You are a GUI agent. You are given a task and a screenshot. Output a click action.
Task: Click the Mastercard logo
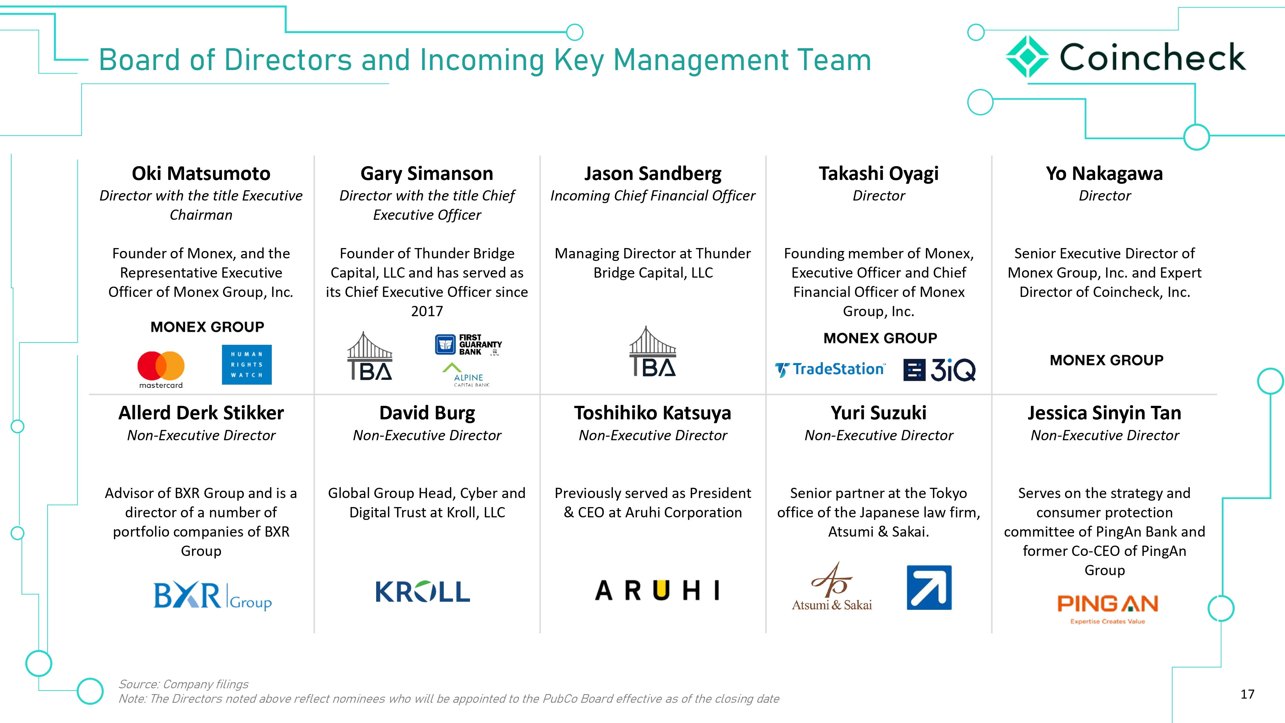pos(161,369)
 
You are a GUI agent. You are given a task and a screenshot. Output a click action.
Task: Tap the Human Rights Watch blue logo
pos(246,364)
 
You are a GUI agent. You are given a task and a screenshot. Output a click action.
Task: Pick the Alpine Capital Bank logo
pos(466,375)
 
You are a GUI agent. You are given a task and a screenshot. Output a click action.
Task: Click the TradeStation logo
pos(830,369)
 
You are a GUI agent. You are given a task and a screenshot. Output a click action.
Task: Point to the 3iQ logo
pos(939,370)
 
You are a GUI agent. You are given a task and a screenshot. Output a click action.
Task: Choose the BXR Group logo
pos(212,596)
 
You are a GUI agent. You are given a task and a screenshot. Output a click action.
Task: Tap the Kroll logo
pos(422,592)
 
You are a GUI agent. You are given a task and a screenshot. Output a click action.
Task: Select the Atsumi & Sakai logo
pos(832,587)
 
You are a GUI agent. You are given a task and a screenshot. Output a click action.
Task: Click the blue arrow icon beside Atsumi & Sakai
pos(929,587)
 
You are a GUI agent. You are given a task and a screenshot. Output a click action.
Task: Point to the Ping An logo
pos(1107,608)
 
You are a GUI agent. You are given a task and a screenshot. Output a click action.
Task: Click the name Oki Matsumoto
pos(201,174)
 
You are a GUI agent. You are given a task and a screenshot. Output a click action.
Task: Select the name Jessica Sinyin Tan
pos(1104,413)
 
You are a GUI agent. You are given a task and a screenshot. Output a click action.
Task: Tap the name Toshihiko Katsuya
pos(652,413)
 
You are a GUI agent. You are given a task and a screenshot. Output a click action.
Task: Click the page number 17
pos(1247,694)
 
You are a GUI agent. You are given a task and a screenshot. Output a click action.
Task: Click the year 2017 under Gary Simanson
pos(427,311)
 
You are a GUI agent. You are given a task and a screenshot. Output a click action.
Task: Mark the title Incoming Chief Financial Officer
pos(652,196)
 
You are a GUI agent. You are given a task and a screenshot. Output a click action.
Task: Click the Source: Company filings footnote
pos(183,684)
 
